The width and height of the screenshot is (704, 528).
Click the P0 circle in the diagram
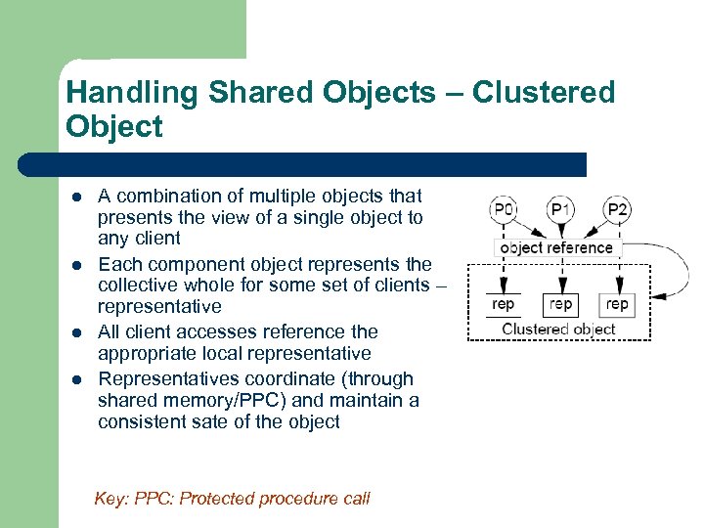pos(504,209)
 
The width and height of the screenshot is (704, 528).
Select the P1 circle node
pos(560,209)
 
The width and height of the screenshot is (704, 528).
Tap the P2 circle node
pos(617,209)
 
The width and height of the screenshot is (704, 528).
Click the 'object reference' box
pos(556,248)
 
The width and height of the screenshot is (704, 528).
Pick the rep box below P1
pos(560,304)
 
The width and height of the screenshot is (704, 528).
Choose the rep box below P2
pos(617,304)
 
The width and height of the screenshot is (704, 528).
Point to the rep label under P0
pos(504,304)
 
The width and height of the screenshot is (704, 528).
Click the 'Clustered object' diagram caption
pos(558,329)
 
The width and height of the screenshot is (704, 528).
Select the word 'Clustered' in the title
pos(544,93)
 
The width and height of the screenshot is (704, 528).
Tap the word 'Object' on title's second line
pos(113,127)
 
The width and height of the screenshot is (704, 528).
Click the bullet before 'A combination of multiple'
pos(75,198)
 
